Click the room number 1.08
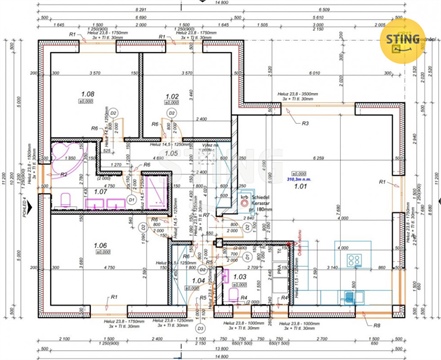pyautogui.click(x=87, y=95)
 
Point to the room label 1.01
pyautogui.click(x=301, y=183)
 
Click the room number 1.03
pyautogui.click(x=238, y=276)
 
